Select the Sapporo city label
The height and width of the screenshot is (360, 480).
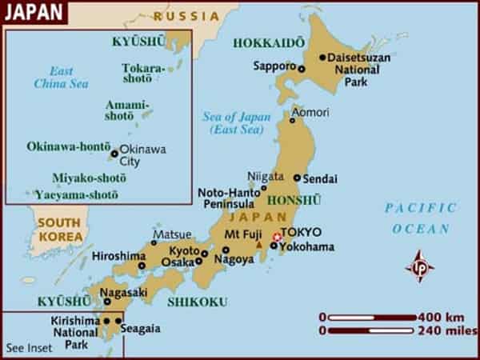coord(274,65)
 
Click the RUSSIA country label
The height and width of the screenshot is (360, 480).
coord(186,15)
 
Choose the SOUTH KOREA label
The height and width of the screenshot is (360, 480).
coord(60,230)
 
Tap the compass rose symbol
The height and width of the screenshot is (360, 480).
coord(420,266)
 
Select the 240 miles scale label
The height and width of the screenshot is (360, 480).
coord(445,329)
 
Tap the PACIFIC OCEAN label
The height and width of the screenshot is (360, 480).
coord(421,218)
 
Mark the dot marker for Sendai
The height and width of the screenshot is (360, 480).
coord(297,178)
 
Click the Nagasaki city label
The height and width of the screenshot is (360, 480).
coord(124,293)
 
